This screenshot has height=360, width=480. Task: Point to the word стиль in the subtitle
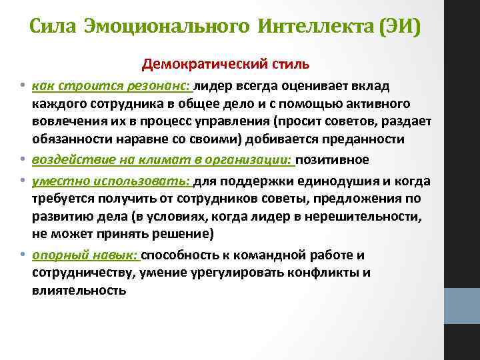pos(287,65)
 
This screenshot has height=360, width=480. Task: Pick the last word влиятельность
pos(79,290)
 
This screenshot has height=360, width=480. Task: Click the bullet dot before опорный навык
pos(23,255)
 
